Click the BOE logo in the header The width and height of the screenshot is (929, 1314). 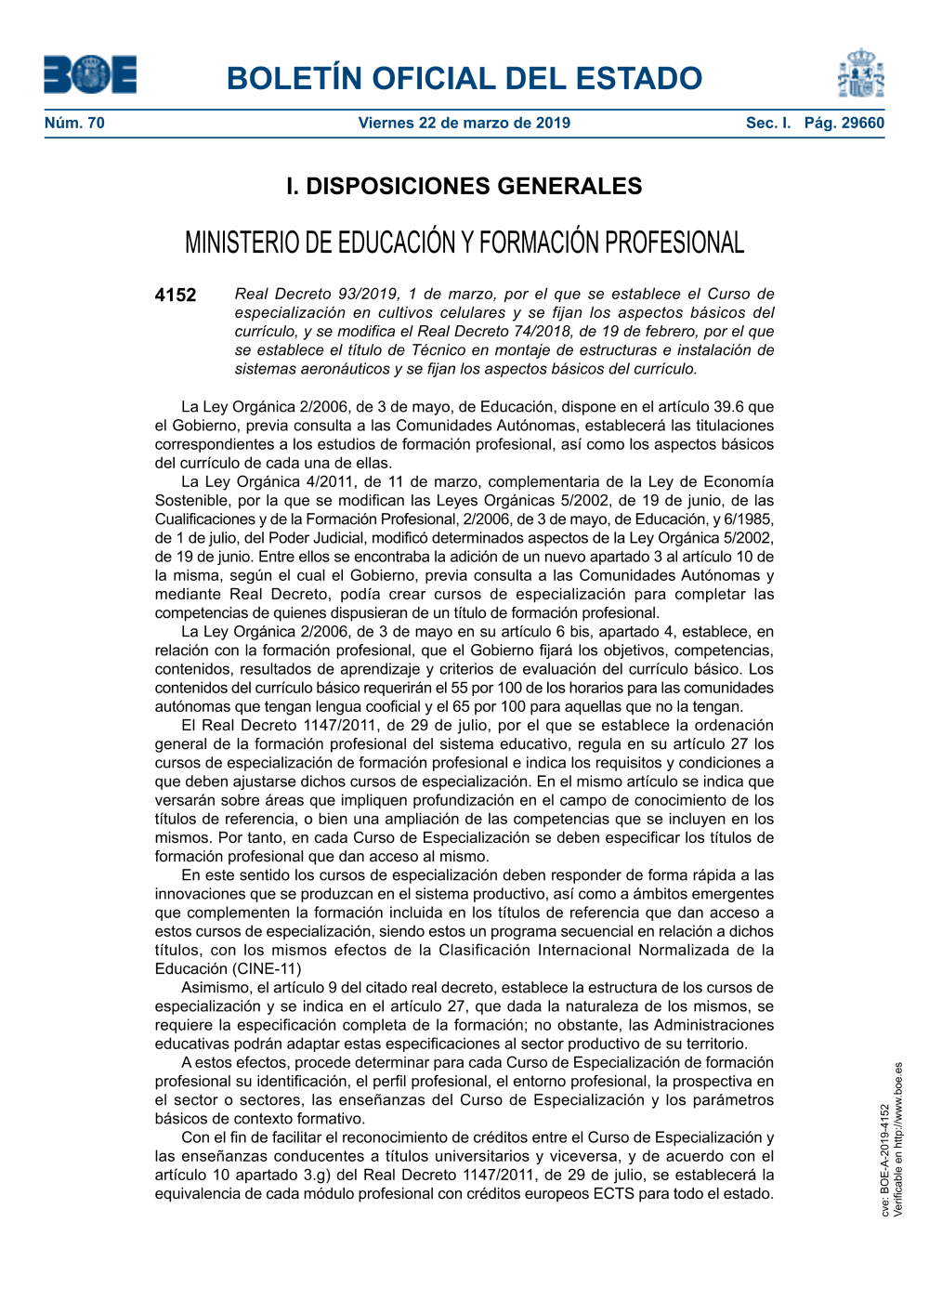tap(90, 75)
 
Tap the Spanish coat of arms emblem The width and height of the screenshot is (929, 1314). tap(860, 74)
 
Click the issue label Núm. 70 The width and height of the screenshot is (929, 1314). tap(74, 123)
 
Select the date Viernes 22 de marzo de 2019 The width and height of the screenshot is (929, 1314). tap(464, 123)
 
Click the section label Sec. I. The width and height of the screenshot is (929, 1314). tap(768, 123)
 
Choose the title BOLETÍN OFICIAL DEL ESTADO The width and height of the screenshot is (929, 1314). tap(464, 78)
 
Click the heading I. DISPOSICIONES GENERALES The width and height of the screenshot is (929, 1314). tap(464, 186)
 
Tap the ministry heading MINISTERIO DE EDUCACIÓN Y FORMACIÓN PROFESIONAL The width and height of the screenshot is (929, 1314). tap(464, 243)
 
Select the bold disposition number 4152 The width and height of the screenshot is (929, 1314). tap(176, 296)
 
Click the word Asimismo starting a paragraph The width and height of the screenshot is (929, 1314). tap(216, 987)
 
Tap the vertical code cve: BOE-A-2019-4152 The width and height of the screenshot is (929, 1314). tap(885, 1160)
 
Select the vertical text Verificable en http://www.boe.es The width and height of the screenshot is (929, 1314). tap(898, 1139)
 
